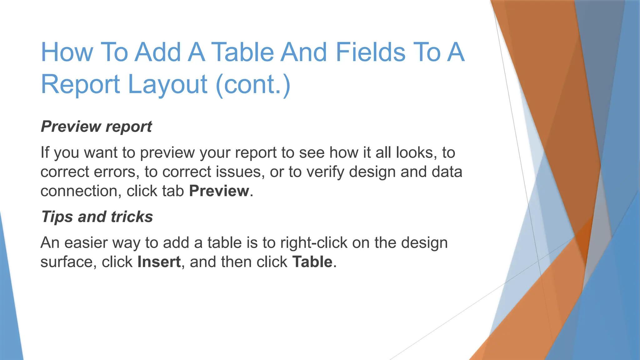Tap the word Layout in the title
click(x=167, y=84)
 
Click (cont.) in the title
click(x=253, y=84)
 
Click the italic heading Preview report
click(x=96, y=127)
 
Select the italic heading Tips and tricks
click(x=97, y=217)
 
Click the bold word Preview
click(x=219, y=191)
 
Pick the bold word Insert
click(x=159, y=262)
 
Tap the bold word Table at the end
click(x=312, y=262)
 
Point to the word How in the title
click(x=67, y=52)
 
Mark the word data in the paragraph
click(x=447, y=172)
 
